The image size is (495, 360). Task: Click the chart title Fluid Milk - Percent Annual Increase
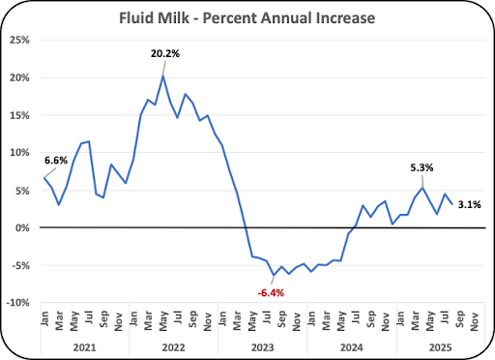click(x=247, y=18)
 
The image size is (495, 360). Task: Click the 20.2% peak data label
click(x=165, y=53)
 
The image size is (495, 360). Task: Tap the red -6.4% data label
click(x=271, y=293)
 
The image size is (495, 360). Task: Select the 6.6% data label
click(x=56, y=161)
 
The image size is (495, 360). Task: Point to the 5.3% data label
click(x=422, y=167)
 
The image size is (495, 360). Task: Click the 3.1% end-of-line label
click(x=469, y=204)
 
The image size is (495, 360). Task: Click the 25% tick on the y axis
click(x=19, y=41)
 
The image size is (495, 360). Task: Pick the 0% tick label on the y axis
click(x=22, y=228)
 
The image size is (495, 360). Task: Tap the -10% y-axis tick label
click(x=18, y=303)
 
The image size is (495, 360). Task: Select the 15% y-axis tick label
click(x=19, y=115)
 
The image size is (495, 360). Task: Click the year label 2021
click(x=84, y=347)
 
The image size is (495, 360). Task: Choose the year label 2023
click(x=263, y=347)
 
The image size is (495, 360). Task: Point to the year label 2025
click(x=441, y=347)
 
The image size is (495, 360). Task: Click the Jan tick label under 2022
click(x=133, y=318)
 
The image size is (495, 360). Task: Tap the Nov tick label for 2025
click(x=474, y=321)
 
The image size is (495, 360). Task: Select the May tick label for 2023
click(x=252, y=321)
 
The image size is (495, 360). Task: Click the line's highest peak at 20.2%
click(x=163, y=76)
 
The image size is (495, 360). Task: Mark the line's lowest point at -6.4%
click(x=274, y=276)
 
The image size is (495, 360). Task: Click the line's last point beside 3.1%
click(x=452, y=204)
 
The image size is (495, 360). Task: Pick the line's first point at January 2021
click(x=44, y=178)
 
